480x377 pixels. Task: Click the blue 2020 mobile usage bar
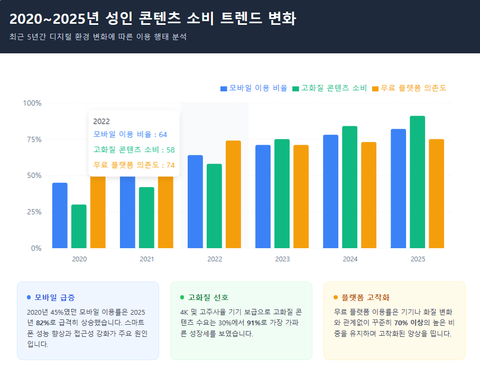pos(60,215)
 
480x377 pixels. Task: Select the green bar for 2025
pos(417,182)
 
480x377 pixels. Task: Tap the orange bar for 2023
pos(301,196)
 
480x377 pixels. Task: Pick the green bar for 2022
pos(214,206)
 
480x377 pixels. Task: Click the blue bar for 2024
pos(330,191)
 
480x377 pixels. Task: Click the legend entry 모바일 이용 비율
pos(254,88)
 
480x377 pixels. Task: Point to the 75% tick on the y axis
pos(32,139)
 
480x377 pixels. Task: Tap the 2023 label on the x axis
pos(282,259)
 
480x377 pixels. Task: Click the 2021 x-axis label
pos(147,259)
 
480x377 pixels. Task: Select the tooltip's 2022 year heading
pos(101,121)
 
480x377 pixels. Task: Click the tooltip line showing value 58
pos(134,150)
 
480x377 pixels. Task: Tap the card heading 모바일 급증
pos(54,297)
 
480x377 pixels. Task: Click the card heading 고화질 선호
pos(208,297)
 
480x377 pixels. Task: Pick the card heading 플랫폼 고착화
pos(365,297)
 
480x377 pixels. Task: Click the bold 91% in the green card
pos(254,323)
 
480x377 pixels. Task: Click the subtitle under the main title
pos(98,37)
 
